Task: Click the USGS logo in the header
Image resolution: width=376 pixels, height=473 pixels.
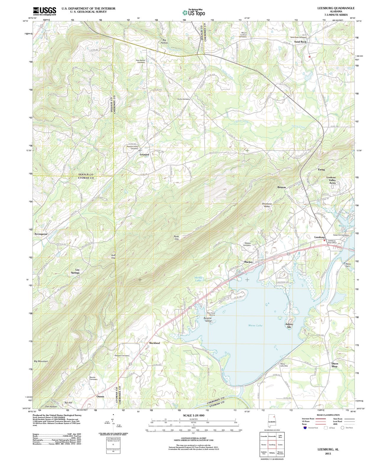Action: [44, 11]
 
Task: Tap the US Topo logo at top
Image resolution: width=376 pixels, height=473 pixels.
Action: [193, 12]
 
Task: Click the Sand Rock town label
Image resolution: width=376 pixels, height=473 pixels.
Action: [300, 42]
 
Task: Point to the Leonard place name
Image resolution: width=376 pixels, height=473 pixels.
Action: [144, 155]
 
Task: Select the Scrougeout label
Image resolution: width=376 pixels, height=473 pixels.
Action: [41, 234]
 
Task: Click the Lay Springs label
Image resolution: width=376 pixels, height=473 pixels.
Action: [77, 271]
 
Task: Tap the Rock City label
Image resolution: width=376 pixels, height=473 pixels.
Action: [176, 237]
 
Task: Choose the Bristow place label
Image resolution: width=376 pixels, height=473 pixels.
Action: [281, 187]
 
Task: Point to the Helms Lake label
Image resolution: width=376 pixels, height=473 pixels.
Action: [198, 279]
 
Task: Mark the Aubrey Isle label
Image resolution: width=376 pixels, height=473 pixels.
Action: [289, 325]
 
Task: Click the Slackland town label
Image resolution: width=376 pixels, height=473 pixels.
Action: [154, 343]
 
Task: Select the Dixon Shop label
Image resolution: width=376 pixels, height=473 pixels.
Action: [334, 365]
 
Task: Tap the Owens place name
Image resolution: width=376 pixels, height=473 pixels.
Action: [100, 396]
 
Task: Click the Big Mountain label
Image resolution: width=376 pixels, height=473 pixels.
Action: [41, 361]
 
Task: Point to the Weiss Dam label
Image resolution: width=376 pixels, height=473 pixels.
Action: [348, 265]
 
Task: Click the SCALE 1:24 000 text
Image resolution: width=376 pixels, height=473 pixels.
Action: [193, 415]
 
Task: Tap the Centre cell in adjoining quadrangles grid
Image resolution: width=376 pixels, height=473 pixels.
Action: [280, 445]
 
